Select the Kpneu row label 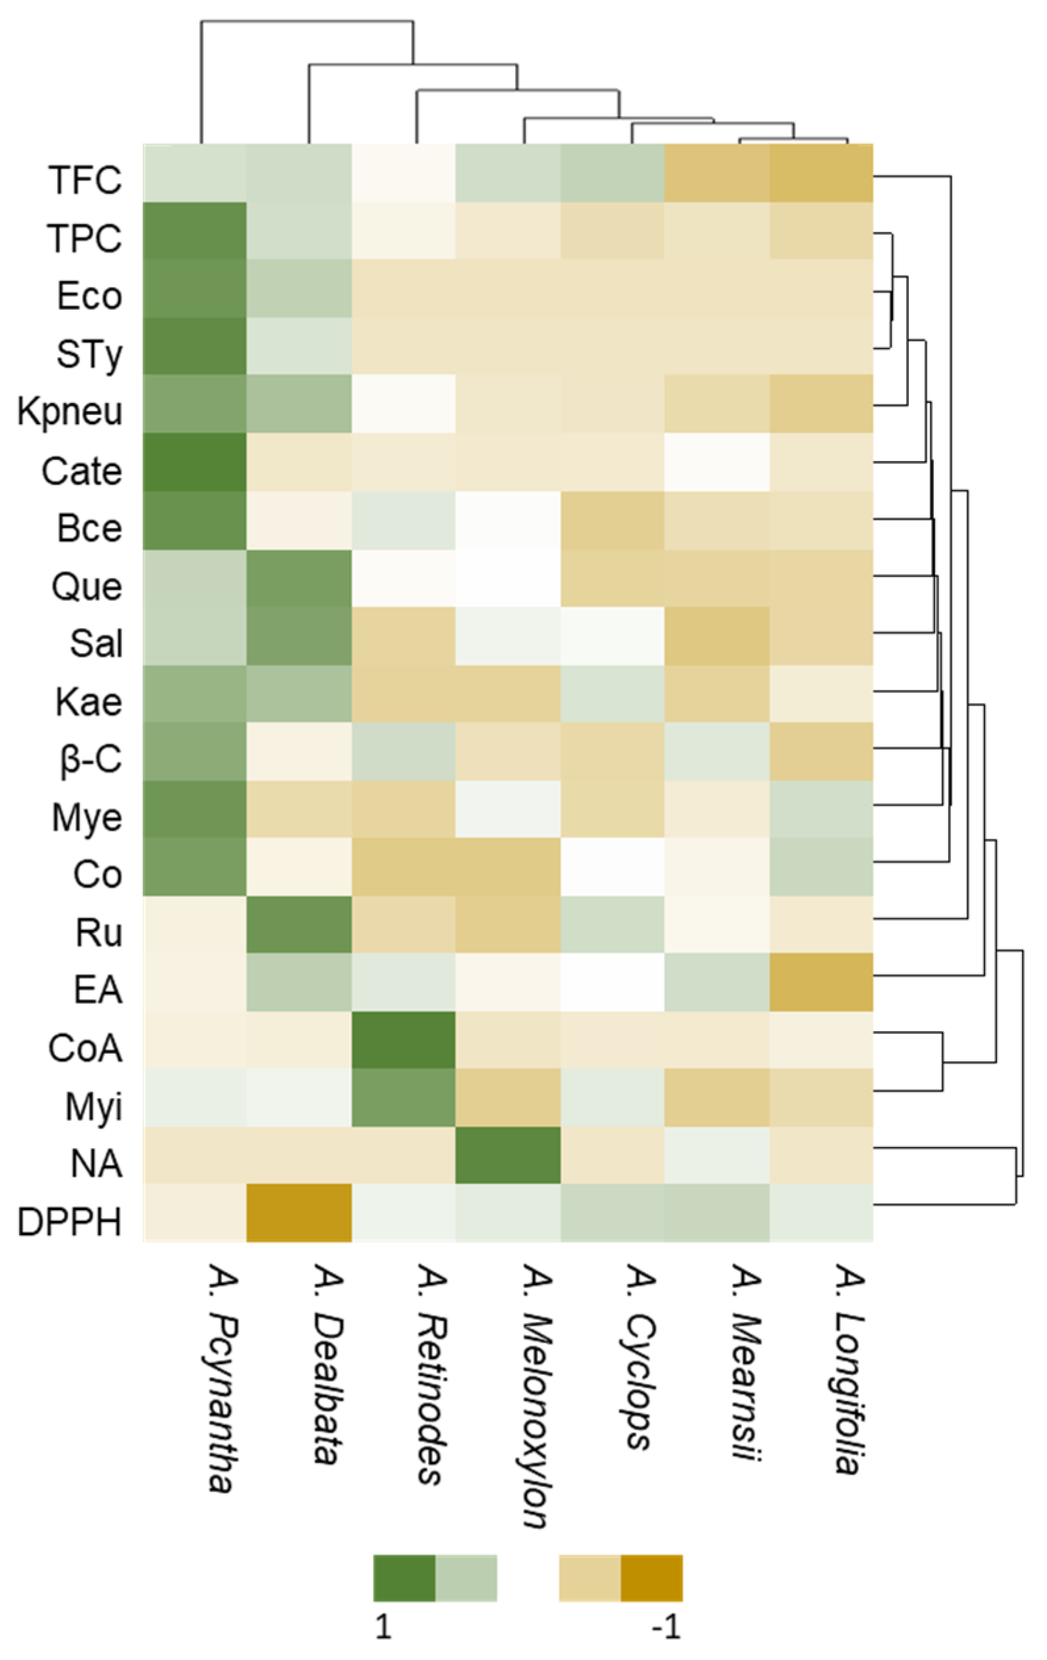pyautogui.click(x=70, y=412)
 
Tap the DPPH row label pyautogui.click(x=70, y=1222)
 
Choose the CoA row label pyautogui.click(x=85, y=1048)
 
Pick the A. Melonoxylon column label pyautogui.click(x=537, y=1396)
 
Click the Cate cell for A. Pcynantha pyautogui.click(x=195, y=462)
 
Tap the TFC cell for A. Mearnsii pyautogui.click(x=717, y=173)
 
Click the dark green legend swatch pyautogui.click(x=404, y=1578)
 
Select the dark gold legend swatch pyautogui.click(x=651, y=1578)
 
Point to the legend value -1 pyautogui.click(x=666, y=1628)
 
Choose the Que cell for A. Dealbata pyautogui.click(x=299, y=577)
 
